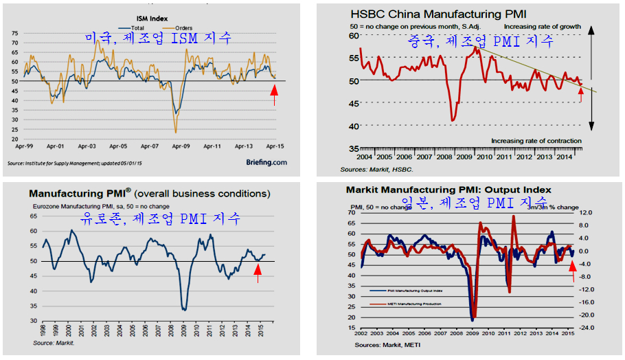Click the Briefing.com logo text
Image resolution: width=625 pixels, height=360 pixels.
(x=266, y=163)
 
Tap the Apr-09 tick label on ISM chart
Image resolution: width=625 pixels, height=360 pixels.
(x=181, y=146)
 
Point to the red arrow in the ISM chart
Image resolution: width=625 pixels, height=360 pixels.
(x=275, y=94)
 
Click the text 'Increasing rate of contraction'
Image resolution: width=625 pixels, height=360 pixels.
(x=536, y=141)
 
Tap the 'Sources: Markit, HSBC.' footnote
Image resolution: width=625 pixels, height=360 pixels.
(x=376, y=169)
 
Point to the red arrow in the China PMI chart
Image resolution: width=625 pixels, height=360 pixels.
(x=582, y=95)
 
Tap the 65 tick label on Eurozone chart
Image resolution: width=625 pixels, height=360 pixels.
(x=32, y=216)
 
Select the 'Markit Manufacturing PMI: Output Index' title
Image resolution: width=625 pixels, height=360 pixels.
(x=448, y=190)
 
